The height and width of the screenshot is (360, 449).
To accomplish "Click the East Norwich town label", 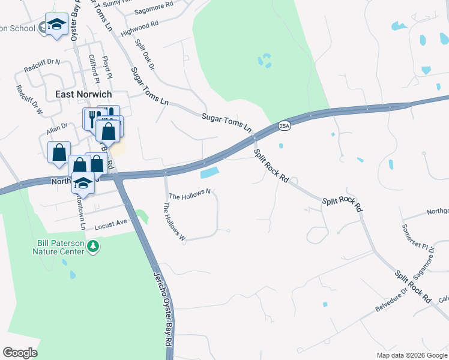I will point(84,94).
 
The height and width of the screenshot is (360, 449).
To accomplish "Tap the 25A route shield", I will point(285,125).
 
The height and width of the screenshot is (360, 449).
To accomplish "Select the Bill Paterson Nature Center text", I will point(58,247).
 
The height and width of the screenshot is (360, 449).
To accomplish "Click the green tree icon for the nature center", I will point(92,246).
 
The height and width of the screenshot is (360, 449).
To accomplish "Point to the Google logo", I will point(20,353).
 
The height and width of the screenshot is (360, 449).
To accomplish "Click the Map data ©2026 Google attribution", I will point(411,355).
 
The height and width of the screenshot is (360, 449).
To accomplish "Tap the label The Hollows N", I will point(190,196).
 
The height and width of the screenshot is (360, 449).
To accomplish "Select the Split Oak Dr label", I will point(145,55).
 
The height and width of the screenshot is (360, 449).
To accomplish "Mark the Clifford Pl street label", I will point(93,68).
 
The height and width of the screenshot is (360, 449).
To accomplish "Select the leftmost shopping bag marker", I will point(59,152).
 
